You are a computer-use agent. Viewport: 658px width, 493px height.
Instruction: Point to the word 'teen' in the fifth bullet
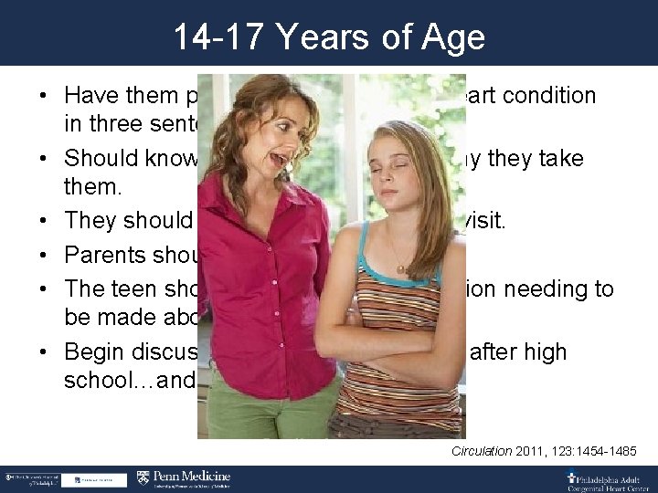pyautogui.click(x=126, y=288)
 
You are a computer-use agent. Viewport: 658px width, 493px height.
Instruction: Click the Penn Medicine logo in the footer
pyautogui.click(x=184, y=477)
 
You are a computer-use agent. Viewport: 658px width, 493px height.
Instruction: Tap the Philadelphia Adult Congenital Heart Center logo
pyautogui.click(x=603, y=477)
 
